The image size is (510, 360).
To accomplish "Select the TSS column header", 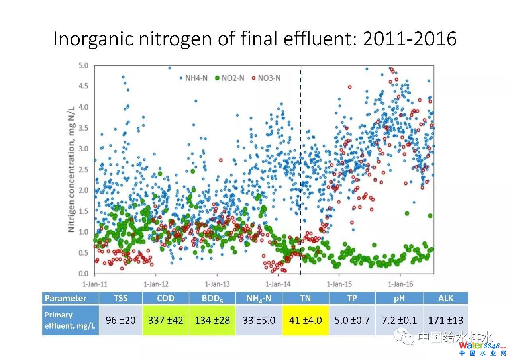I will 120,298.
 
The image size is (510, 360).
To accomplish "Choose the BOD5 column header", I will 212,298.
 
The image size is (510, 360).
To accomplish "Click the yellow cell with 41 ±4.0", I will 305,320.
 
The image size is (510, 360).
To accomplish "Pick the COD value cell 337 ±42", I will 166,320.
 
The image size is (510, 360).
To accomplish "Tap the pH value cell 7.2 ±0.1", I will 399,320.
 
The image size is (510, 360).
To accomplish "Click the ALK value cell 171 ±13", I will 445,320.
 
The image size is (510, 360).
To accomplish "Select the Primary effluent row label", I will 70,320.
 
